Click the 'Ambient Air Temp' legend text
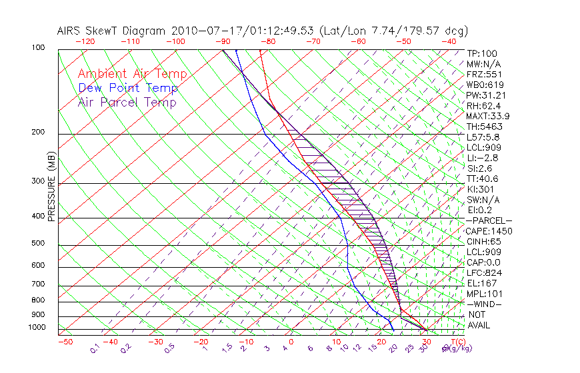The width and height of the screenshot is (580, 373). (132, 74)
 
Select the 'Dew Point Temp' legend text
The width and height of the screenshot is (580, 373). (128, 88)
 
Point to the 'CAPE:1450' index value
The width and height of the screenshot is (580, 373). (489, 231)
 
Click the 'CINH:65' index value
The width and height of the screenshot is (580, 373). (485, 241)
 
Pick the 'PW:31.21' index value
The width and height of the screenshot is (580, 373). (486, 95)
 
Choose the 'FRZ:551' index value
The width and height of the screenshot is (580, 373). (484, 74)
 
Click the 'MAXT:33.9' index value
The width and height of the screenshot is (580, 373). (489, 116)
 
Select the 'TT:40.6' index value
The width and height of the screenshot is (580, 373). (483, 179)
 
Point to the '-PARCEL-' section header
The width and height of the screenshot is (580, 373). (489, 220)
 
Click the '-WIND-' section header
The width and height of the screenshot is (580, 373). (484, 304)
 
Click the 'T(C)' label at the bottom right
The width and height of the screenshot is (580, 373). (457, 342)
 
